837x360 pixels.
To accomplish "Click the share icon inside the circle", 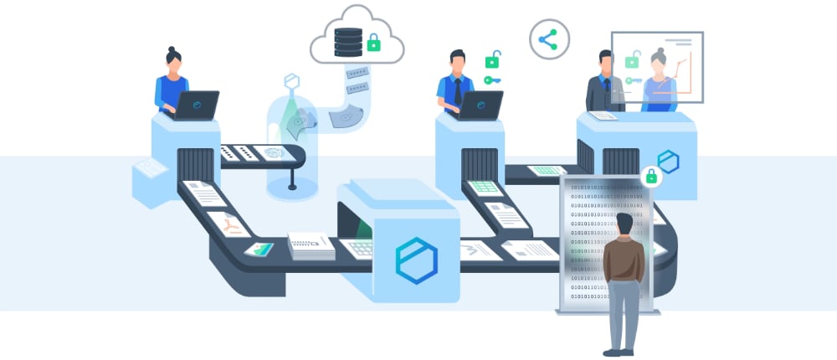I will pos(548,39).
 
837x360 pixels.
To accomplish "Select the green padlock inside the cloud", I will pos(373,42).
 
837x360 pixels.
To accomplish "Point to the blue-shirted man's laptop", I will pos(481,105).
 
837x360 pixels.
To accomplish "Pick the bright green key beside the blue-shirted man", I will pos(491,80).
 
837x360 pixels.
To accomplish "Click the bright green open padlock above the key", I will pos(493,59).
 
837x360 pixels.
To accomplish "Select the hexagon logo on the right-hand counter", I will pos(667,162).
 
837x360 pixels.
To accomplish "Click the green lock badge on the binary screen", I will pos(650,177).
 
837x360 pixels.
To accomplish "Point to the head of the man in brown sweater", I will pos(624,224).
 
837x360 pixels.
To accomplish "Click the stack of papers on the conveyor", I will pos(311,245).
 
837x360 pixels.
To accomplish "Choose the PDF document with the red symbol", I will pos(229,224).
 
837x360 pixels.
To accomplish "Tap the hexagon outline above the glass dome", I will pos(291,81).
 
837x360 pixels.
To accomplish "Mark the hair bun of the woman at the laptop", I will pos(172,50).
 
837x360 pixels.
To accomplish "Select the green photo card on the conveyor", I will pos(259,249).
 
